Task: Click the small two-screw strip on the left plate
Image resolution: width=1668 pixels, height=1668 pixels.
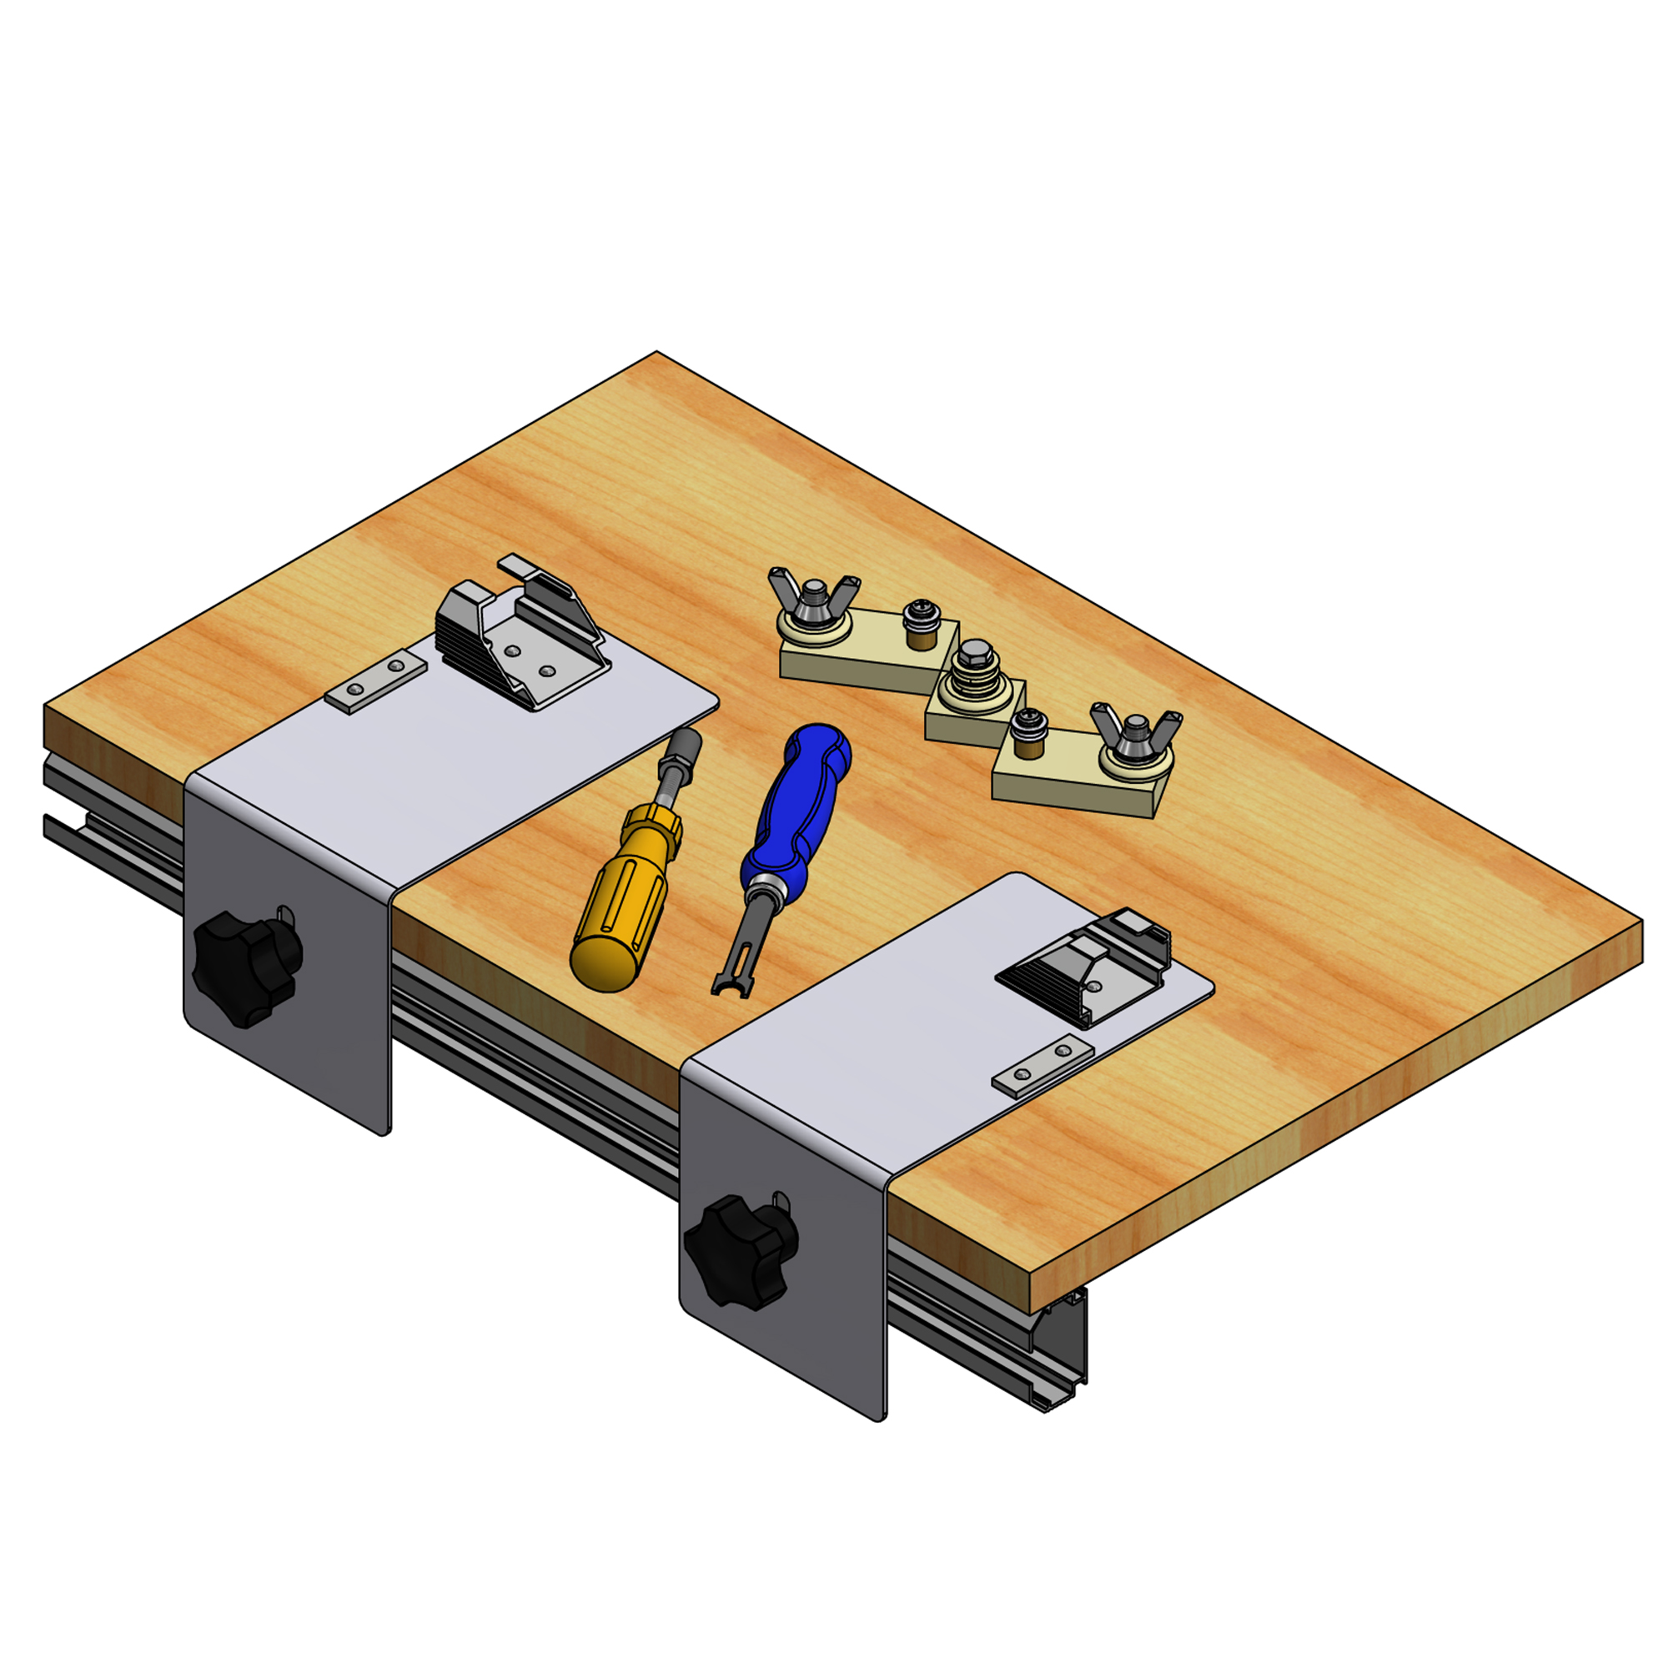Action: tap(375, 681)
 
